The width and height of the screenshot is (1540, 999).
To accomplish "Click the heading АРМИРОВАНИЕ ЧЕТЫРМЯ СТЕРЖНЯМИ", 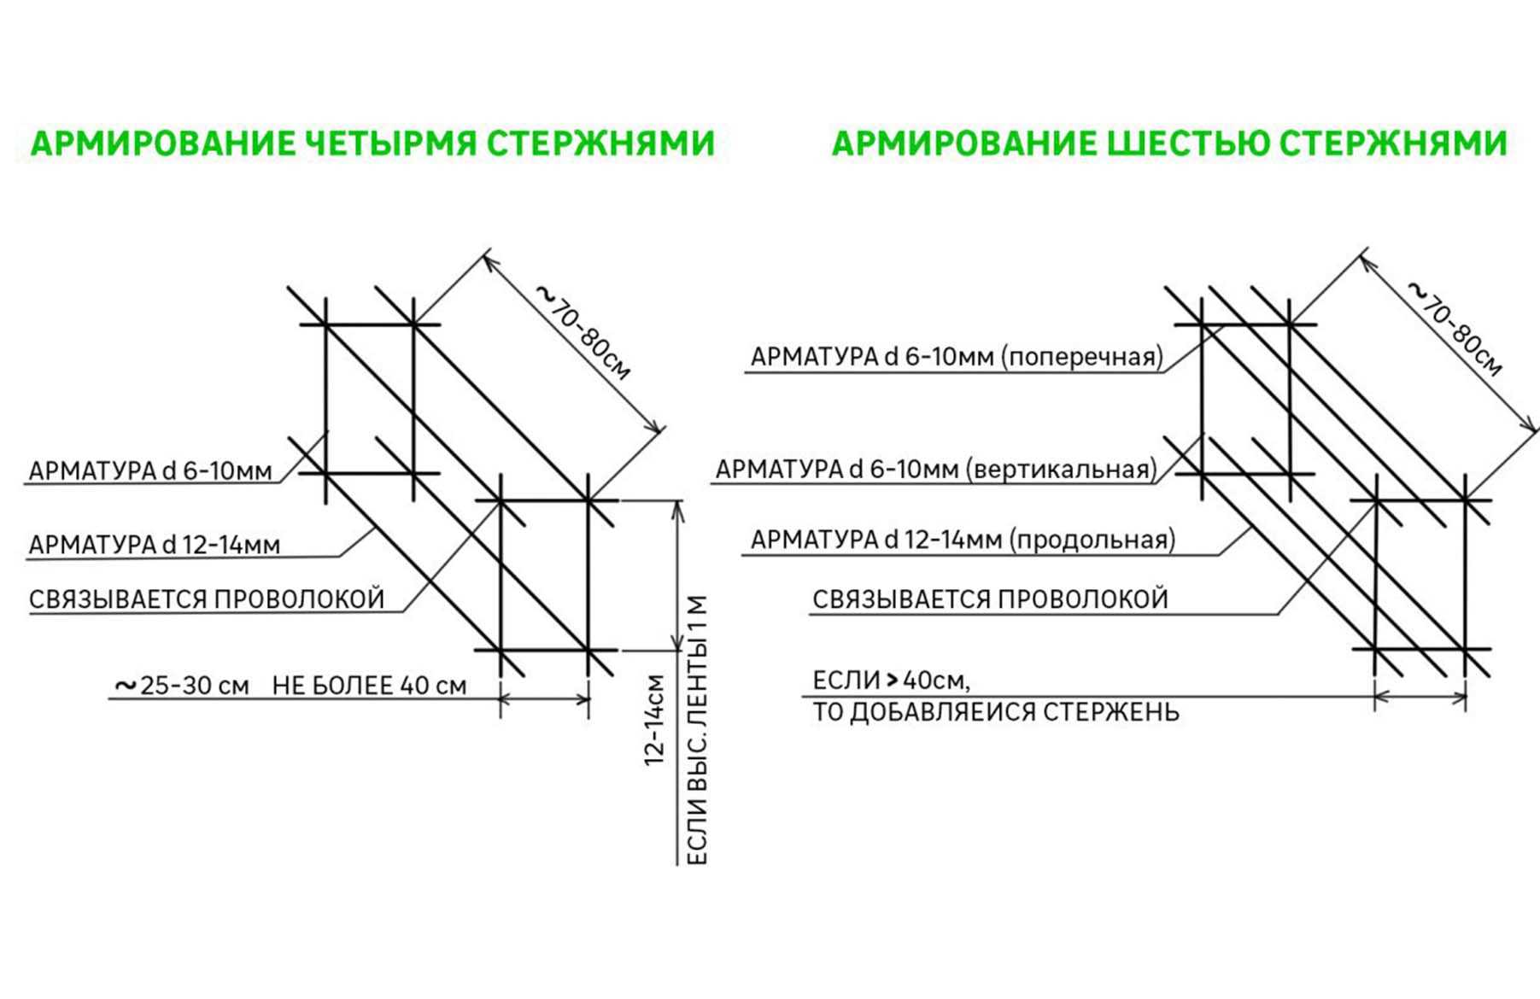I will pyautogui.click(x=372, y=143).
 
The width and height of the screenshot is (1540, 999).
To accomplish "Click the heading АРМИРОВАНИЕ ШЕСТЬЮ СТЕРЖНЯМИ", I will pyautogui.click(x=1169, y=143).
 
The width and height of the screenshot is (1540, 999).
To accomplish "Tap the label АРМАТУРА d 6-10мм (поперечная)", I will pyautogui.click(x=957, y=357).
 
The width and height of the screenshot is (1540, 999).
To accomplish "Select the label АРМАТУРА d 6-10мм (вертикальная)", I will pyautogui.click(x=936, y=469).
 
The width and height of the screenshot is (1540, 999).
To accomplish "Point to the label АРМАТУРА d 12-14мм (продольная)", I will pyautogui.click(x=963, y=540).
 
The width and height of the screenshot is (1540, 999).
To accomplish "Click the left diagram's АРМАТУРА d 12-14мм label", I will pyautogui.click(x=155, y=545).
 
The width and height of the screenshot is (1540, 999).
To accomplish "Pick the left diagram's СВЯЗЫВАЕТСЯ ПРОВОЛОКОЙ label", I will pyautogui.click(x=207, y=599).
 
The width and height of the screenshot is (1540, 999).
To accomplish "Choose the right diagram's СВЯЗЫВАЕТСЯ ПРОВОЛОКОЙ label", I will pyautogui.click(x=990, y=599).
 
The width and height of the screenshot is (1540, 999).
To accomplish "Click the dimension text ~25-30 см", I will pyautogui.click(x=182, y=686).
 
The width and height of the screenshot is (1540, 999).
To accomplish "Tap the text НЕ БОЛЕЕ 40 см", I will pyautogui.click(x=370, y=686).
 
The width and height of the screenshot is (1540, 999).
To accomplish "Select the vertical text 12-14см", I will pyautogui.click(x=654, y=720).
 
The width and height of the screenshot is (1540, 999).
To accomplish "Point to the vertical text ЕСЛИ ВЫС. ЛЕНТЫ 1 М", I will pyautogui.click(x=697, y=730).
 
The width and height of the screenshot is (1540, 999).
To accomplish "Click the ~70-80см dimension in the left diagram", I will pyautogui.click(x=584, y=332).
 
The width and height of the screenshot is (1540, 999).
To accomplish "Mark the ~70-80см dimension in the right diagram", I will pyautogui.click(x=1455, y=329).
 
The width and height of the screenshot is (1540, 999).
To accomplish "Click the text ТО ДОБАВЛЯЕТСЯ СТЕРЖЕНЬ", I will pyautogui.click(x=995, y=712).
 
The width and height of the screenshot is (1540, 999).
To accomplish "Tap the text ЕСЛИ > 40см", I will pyautogui.click(x=891, y=681).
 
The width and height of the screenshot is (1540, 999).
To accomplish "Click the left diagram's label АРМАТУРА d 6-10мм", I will pyautogui.click(x=150, y=470).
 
